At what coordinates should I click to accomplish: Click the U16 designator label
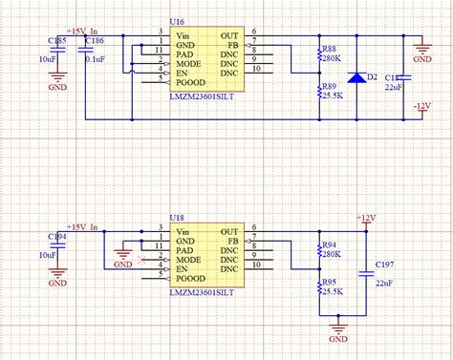[x=177, y=20]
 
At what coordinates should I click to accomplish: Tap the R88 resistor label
[x=330, y=49]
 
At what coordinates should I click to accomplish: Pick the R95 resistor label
[x=330, y=282]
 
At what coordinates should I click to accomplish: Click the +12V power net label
[x=367, y=218]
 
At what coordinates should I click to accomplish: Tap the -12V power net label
[x=422, y=103]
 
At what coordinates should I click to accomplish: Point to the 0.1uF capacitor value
[x=96, y=59]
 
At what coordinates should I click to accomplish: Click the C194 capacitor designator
[x=56, y=238]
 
